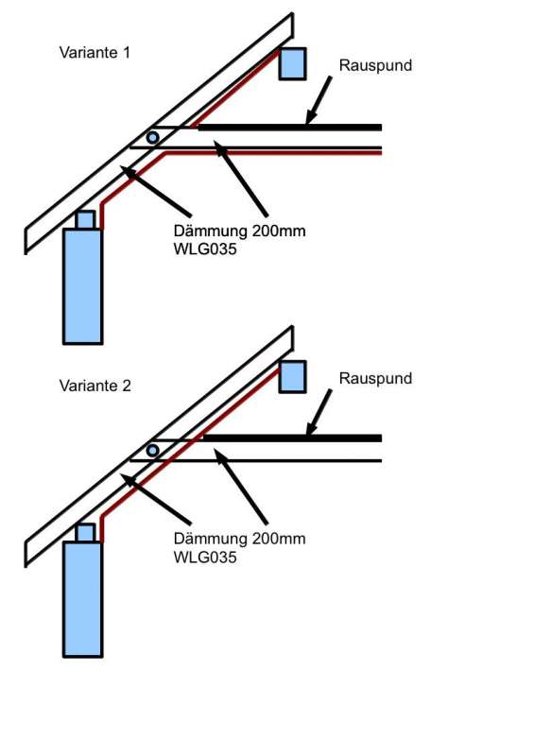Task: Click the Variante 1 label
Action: [x=95, y=52]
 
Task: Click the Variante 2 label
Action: [x=95, y=386]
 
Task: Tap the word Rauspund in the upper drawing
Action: [x=375, y=65]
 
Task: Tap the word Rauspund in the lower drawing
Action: [x=375, y=379]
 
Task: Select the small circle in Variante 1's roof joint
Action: [x=152, y=137]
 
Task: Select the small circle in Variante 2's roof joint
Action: [x=152, y=451]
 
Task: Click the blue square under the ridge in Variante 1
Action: [x=292, y=63]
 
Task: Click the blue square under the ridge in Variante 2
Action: [x=292, y=376]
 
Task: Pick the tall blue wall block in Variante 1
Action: [x=82, y=286]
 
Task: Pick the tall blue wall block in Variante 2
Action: [x=82, y=599]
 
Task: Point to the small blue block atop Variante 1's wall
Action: [x=85, y=220]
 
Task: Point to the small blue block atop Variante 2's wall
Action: [x=85, y=533]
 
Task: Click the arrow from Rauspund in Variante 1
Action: [x=319, y=100]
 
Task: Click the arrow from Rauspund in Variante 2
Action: [x=319, y=413]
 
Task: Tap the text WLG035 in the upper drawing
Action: [x=205, y=249]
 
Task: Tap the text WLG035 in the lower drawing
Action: [x=205, y=558]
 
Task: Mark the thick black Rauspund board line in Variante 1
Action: [x=290, y=128]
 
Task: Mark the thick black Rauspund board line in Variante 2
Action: [x=292, y=438]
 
